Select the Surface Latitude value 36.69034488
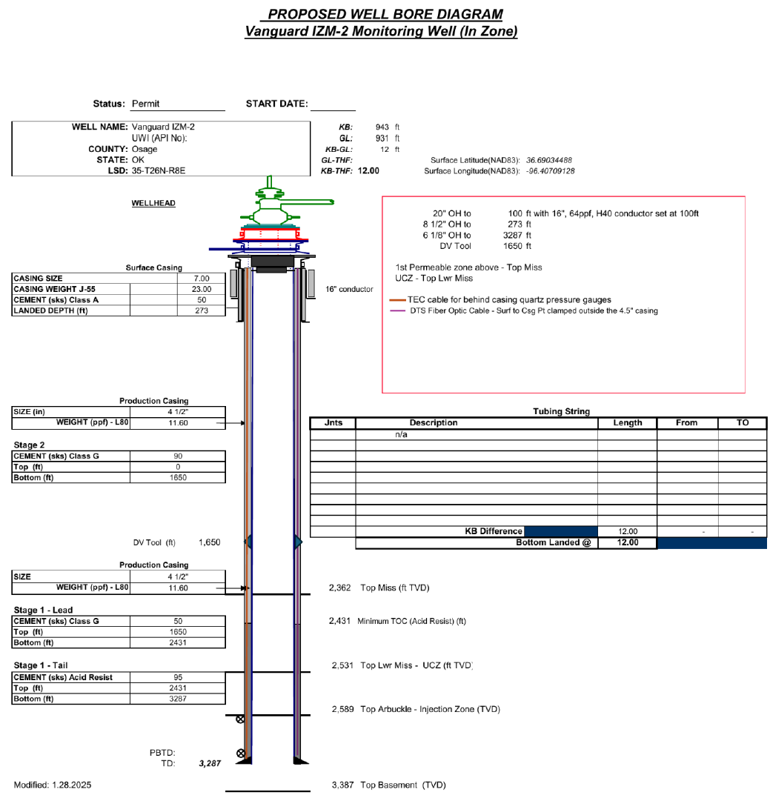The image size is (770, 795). (x=549, y=160)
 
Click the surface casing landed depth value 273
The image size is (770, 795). (x=202, y=310)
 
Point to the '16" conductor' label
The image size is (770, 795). (x=350, y=289)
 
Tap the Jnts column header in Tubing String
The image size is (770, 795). (x=333, y=423)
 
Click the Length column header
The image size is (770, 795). (x=627, y=423)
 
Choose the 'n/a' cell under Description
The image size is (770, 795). (x=401, y=435)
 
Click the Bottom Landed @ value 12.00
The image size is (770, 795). (x=627, y=542)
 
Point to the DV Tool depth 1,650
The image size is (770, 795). (x=209, y=542)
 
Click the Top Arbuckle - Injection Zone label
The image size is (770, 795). (x=430, y=709)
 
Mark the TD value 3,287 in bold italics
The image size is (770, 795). (x=210, y=764)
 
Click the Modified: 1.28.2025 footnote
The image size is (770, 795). (x=53, y=784)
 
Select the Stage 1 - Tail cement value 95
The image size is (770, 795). (x=178, y=677)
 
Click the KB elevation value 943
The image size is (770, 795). (x=382, y=127)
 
